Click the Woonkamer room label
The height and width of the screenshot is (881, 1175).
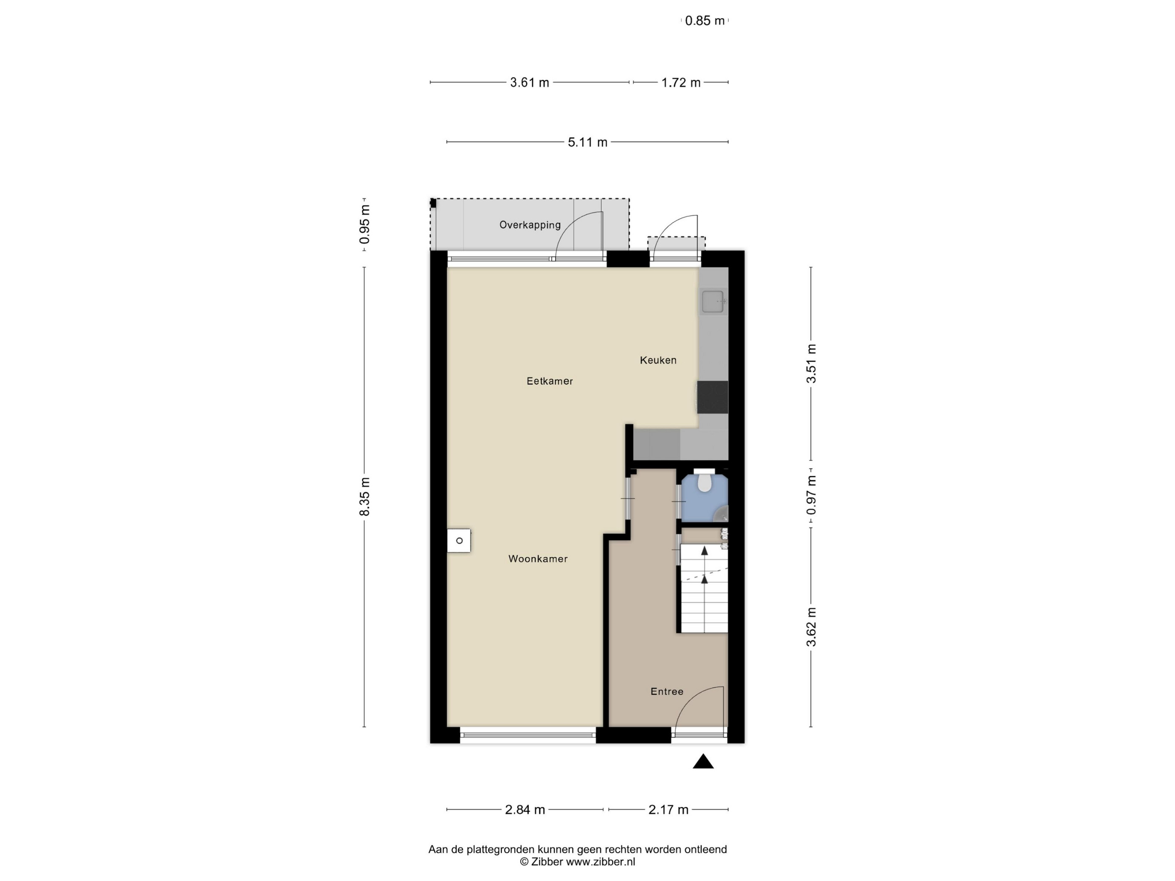[x=538, y=559]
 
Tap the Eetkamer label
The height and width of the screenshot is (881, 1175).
[x=550, y=381]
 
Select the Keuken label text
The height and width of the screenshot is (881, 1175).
[x=658, y=360]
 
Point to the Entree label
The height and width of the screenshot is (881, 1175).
[x=667, y=691]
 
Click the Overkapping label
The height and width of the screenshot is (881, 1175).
[x=530, y=224]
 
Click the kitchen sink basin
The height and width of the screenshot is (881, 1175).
[x=713, y=302]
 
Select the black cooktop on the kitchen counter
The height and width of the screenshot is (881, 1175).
[x=712, y=397]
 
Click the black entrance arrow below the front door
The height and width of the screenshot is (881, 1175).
[x=703, y=761]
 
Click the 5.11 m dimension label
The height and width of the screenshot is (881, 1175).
[x=587, y=142]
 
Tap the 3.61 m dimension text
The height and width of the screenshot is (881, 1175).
[x=530, y=82]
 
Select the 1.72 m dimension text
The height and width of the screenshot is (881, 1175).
[x=681, y=82]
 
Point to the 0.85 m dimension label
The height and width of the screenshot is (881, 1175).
[x=705, y=21]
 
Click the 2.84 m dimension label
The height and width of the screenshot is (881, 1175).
[x=525, y=809]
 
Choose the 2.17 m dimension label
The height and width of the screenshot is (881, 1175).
[x=668, y=809]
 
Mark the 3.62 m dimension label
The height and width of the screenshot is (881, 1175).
[x=811, y=627]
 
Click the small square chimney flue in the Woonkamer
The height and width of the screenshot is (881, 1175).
[x=459, y=541]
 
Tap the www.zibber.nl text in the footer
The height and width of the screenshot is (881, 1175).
[x=600, y=862]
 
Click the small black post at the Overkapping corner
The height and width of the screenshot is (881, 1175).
[x=433, y=203]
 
